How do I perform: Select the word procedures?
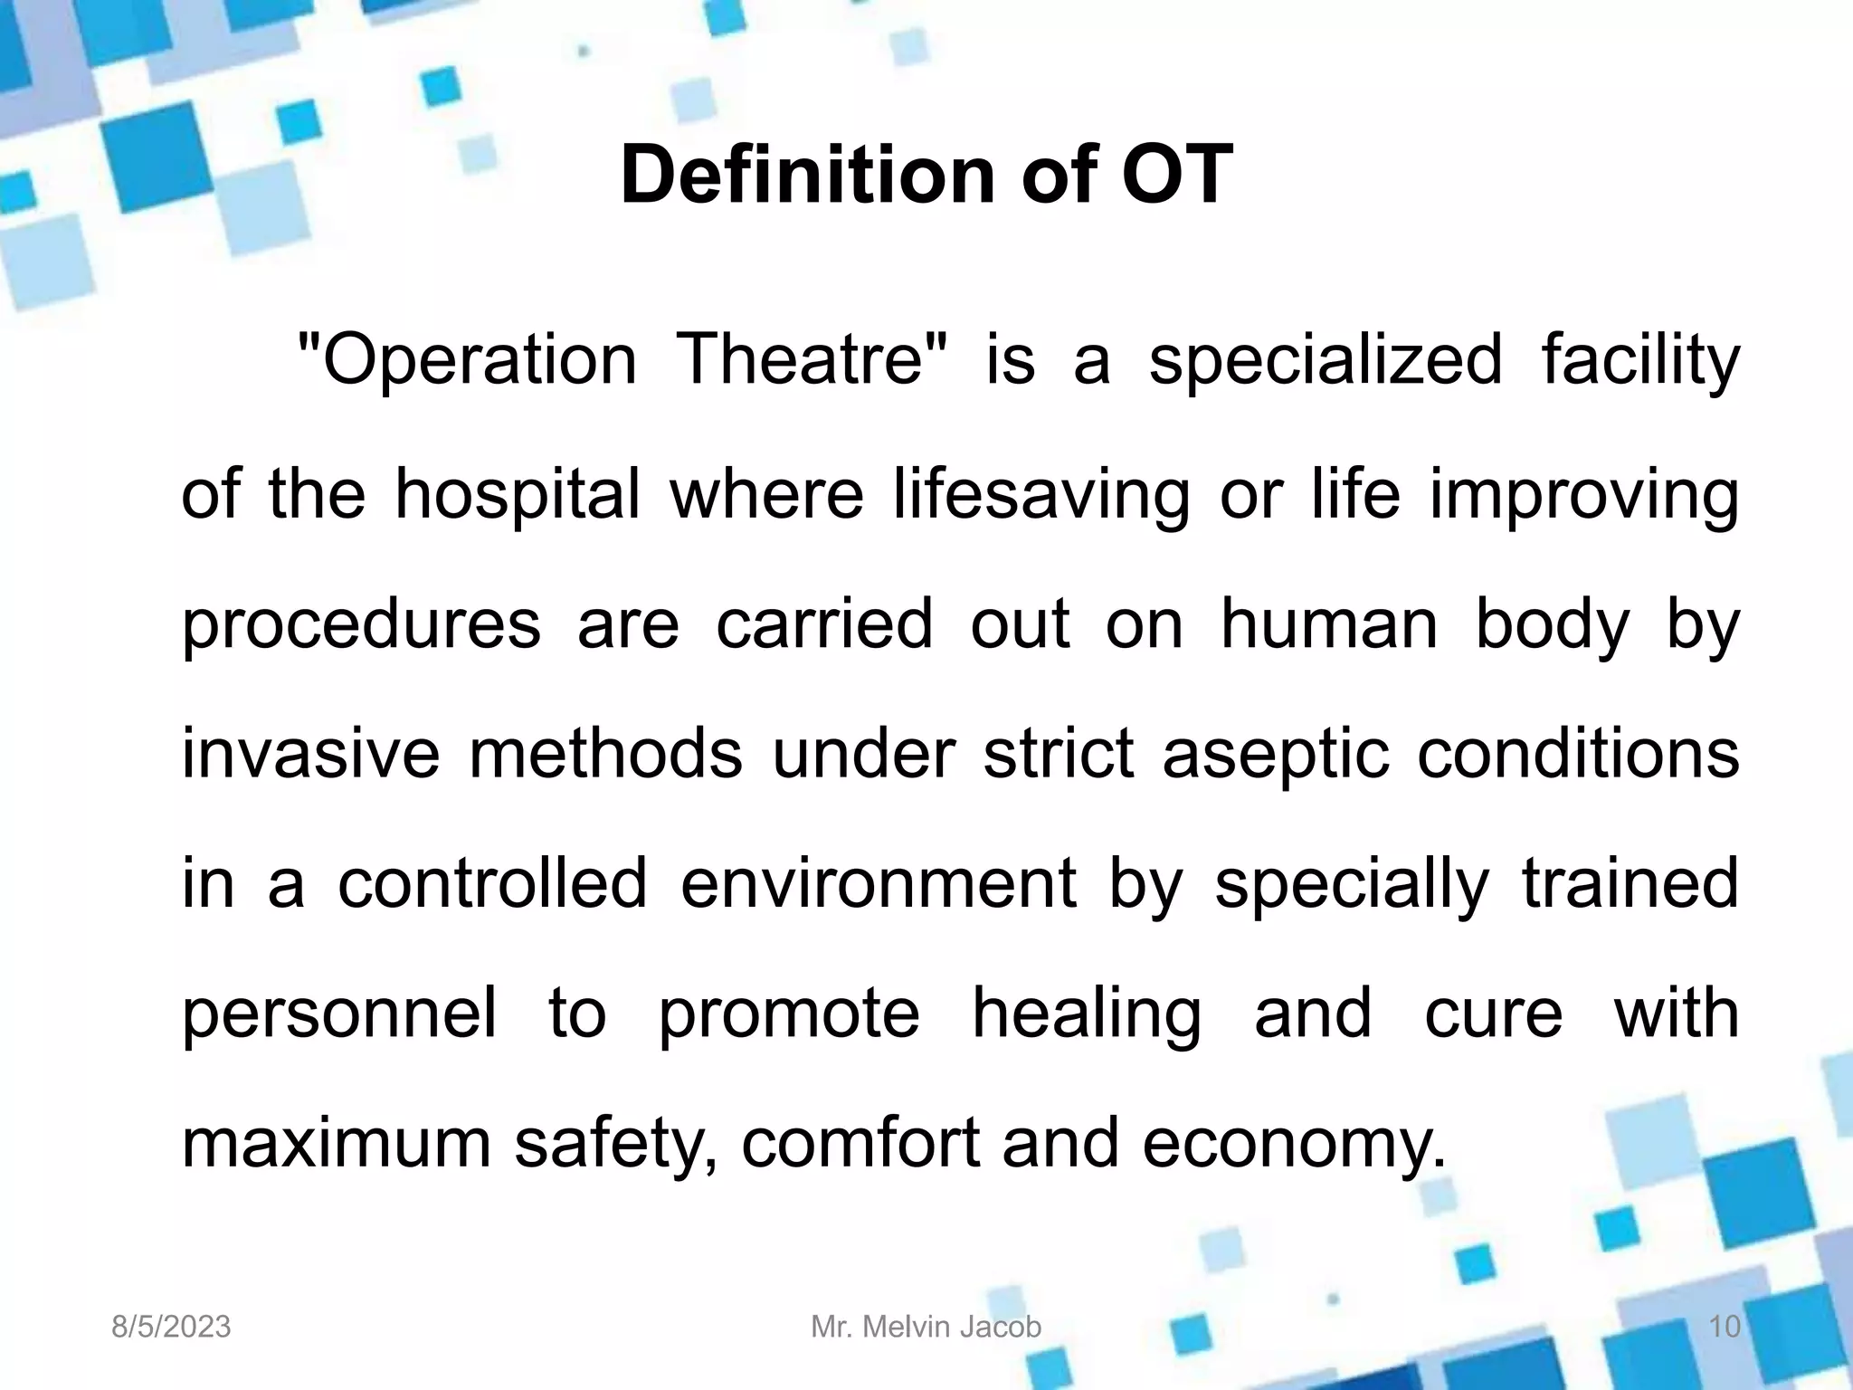[361, 626]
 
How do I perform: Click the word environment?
[879, 883]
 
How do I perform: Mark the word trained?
[1630, 883]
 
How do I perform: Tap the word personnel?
[339, 1014]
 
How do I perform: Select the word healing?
[1087, 1015]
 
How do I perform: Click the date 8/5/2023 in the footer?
[171, 1327]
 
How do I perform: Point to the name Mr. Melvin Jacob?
[926, 1327]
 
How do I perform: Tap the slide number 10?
[1725, 1327]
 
